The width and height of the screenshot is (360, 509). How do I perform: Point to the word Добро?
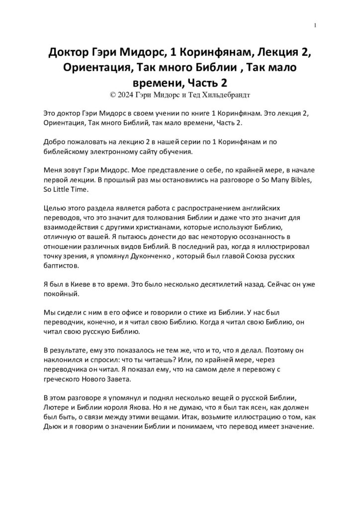pyautogui.click(x=56, y=143)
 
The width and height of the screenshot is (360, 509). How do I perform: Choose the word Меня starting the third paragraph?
pyautogui.click(x=55, y=171)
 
